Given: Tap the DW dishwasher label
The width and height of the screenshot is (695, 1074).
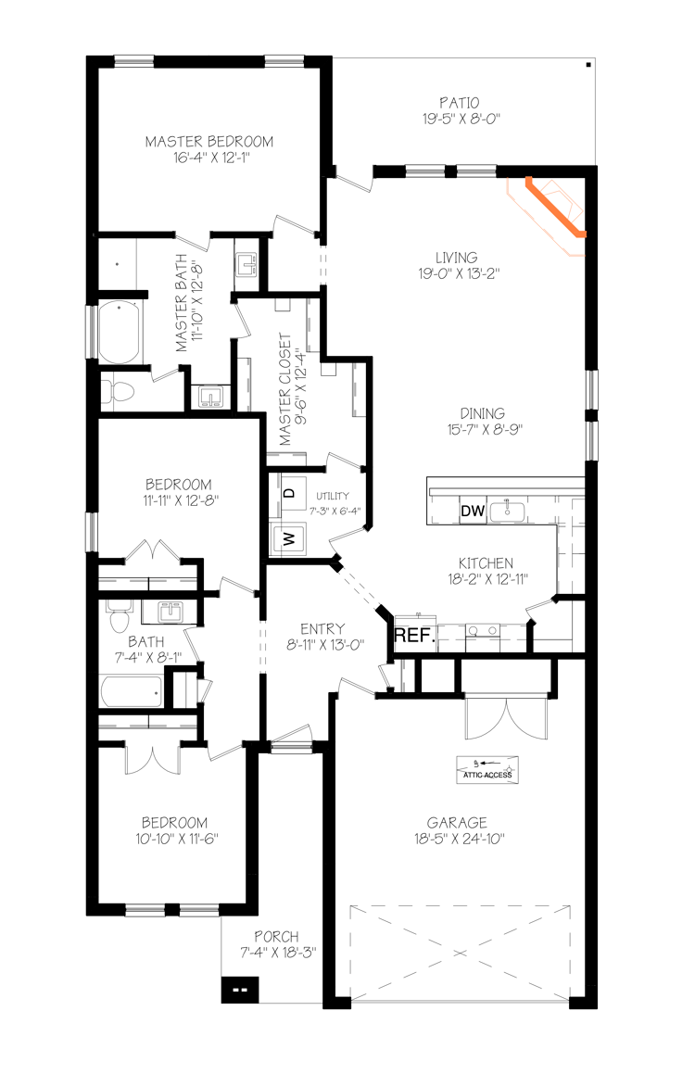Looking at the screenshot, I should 471,511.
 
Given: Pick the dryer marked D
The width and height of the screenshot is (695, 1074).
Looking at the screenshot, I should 288,493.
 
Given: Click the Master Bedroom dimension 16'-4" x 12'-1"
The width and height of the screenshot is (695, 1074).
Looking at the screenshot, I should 209,158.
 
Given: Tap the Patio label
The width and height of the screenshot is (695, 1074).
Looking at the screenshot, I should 461,102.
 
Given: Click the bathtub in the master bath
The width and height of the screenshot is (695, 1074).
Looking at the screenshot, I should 120,331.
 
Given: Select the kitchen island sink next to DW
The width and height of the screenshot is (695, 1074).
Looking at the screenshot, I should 506,510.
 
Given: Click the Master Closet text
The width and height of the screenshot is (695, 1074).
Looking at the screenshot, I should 285,390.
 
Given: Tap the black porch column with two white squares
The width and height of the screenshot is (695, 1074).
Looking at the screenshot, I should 239,991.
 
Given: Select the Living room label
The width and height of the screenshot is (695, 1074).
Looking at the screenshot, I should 457,258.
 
